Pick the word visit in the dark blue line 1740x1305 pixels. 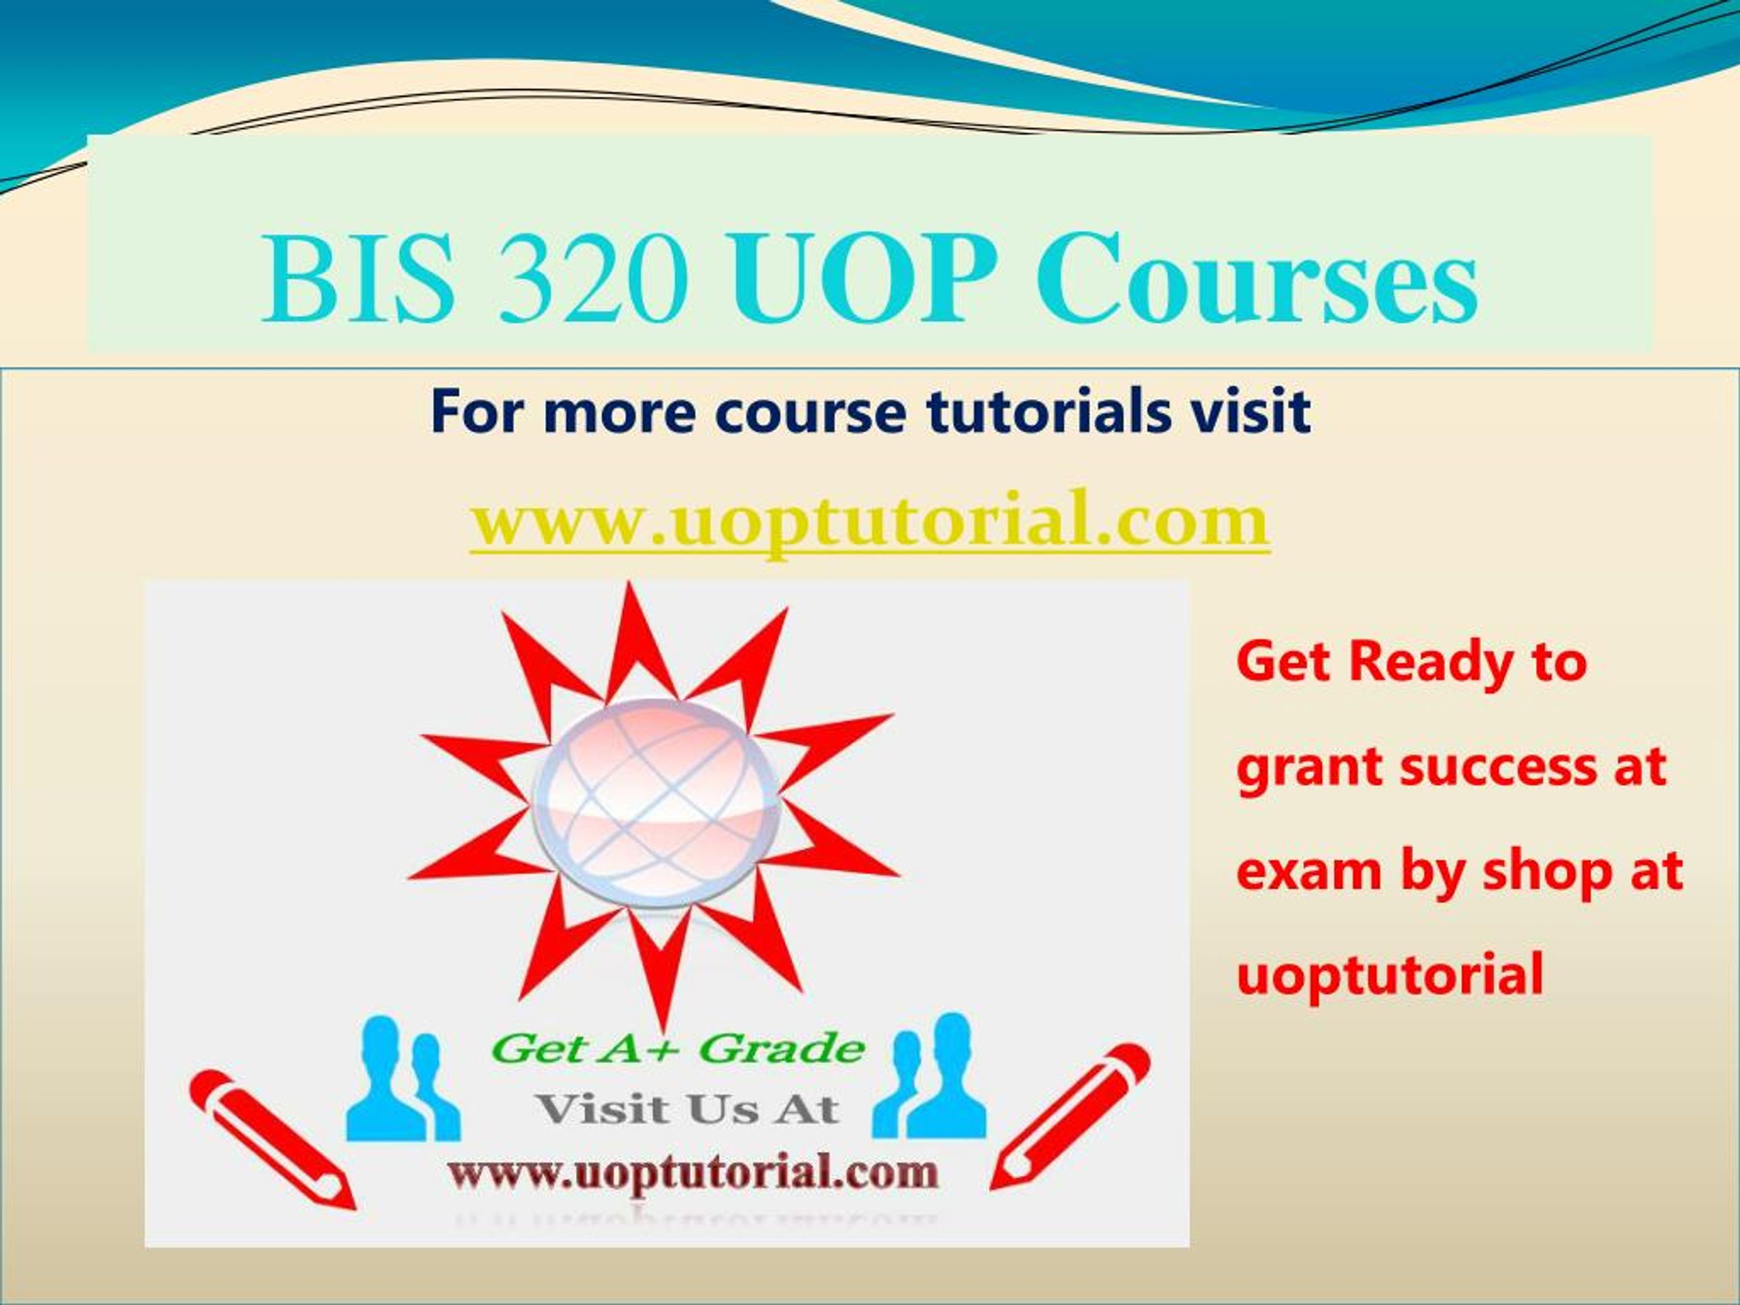1249,411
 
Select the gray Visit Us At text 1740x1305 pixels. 686,1109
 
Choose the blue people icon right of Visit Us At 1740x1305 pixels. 929,1075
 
